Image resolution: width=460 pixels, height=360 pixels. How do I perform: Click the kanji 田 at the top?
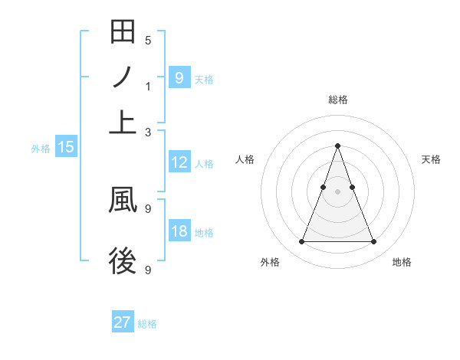(x=123, y=33)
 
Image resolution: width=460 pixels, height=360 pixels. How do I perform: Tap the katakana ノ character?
(x=123, y=77)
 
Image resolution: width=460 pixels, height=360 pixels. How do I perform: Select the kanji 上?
(x=123, y=122)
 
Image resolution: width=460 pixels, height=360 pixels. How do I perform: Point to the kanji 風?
(x=123, y=199)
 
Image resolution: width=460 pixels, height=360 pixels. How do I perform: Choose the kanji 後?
(x=123, y=263)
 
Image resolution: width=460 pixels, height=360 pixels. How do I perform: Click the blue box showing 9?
(x=179, y=77)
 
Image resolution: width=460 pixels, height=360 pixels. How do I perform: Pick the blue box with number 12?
(x=179, y=162)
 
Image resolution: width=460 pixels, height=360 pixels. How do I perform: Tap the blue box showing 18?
(x=179, y=231)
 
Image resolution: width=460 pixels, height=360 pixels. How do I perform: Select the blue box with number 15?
(x=65, y=147)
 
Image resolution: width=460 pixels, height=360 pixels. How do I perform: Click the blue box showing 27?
(x=123, y=322)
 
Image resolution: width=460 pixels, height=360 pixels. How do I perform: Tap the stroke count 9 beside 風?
(x=148, y=208)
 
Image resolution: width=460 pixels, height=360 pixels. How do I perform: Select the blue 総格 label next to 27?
(x=147, y=324)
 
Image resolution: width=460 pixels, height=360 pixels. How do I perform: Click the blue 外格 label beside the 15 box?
(x=41, y=149)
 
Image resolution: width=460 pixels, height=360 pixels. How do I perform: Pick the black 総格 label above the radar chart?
(x=337, y=100)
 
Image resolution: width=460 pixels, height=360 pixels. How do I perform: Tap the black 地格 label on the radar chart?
(x=402, y=262)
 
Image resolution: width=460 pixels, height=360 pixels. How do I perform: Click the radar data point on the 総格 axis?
(x=337, y=146)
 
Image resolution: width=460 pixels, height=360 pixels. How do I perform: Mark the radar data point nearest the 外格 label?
(x=301, y=242)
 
